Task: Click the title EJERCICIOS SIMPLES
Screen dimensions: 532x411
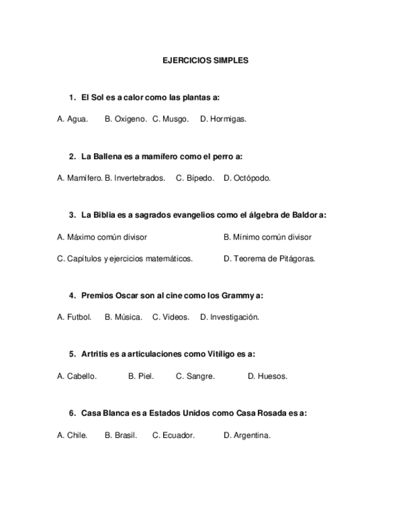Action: [205, 61]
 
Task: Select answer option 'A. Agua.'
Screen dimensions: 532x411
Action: [72, 119]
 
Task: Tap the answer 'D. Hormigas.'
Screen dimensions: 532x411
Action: [223, 119]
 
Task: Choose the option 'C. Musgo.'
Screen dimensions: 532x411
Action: [170, 119]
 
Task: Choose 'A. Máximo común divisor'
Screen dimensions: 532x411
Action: [102, 237]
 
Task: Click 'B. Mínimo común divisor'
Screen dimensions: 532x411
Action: [267, 237]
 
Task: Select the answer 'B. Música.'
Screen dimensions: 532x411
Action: [123, 317]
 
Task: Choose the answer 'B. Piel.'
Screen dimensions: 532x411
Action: [141, 376]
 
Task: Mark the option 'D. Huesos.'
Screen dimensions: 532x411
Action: [267, 376]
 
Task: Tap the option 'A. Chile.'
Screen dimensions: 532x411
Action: [72, 435]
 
